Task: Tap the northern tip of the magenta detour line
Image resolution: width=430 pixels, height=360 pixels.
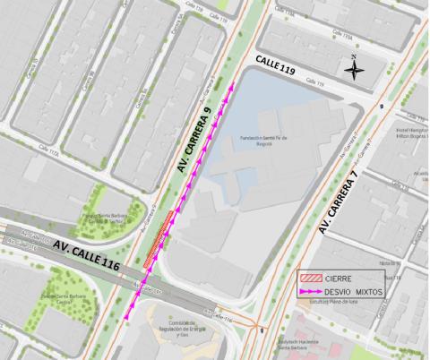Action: [x=235, y=83]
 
